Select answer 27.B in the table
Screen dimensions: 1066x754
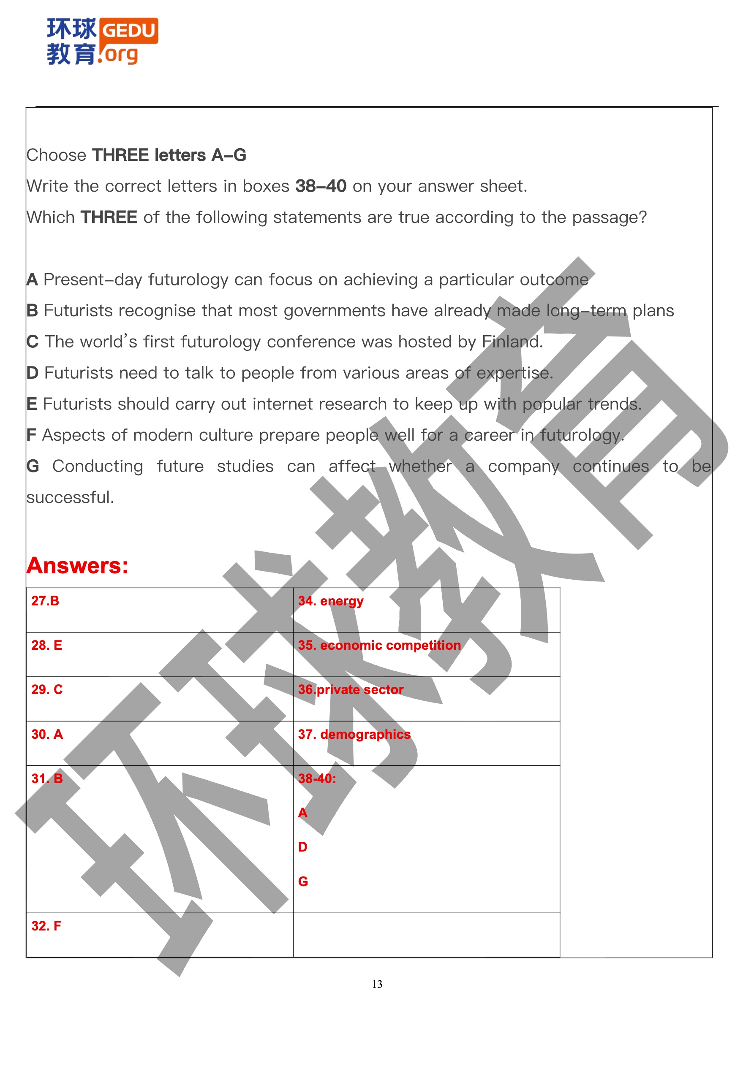45,601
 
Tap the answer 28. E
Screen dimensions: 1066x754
46,645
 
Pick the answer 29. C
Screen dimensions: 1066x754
46,689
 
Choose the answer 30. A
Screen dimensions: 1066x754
46,734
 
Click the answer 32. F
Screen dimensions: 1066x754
46,926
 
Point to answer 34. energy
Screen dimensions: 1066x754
330,601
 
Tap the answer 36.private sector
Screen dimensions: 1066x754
350,689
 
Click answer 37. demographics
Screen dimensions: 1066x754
354,734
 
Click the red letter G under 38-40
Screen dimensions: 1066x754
303,881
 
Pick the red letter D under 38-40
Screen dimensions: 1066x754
302,847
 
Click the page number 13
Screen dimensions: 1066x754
377,984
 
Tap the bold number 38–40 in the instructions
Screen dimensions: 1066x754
321,186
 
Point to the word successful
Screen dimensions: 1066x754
70,497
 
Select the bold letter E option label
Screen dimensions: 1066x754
32,404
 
